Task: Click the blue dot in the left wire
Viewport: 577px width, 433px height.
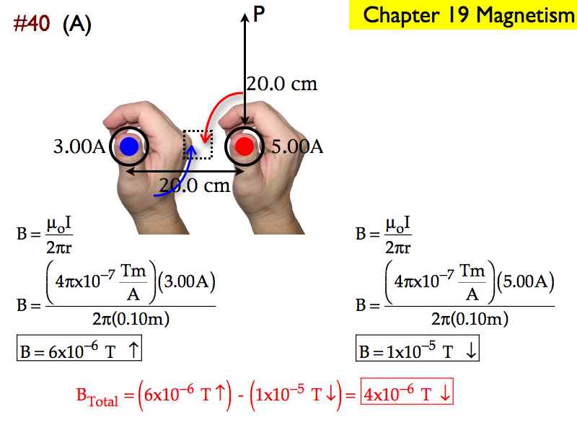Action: coord(129,146)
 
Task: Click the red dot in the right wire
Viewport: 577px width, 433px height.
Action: coord(244,146)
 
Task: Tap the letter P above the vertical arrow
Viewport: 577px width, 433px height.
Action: coord(259,14)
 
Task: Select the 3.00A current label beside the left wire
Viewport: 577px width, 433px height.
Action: coord(79,146)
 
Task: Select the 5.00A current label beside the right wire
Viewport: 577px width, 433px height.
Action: coord(297,147)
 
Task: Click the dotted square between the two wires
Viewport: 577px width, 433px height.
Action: coord(198,145)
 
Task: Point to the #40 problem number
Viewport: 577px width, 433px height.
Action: coord(32,24)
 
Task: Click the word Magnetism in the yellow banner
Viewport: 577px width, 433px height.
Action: coord(526,15)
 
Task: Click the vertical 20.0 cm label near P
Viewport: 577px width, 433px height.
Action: coord(282,84)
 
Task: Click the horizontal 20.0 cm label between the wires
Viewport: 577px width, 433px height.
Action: coord(195,185)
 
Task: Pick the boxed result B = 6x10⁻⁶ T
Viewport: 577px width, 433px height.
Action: coord(79,348)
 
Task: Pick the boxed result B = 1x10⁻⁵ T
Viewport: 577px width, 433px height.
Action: coord(418,348)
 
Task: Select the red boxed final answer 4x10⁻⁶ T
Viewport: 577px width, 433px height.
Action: coord(407,391)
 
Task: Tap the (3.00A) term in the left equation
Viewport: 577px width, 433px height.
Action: coord(187,281)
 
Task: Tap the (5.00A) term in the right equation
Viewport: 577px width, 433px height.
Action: coord(526,281)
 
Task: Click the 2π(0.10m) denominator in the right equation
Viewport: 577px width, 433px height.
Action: coord(470,318)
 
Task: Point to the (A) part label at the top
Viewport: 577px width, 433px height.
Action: coord(77,25)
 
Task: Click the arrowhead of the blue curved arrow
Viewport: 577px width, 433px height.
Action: coord(191,150)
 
